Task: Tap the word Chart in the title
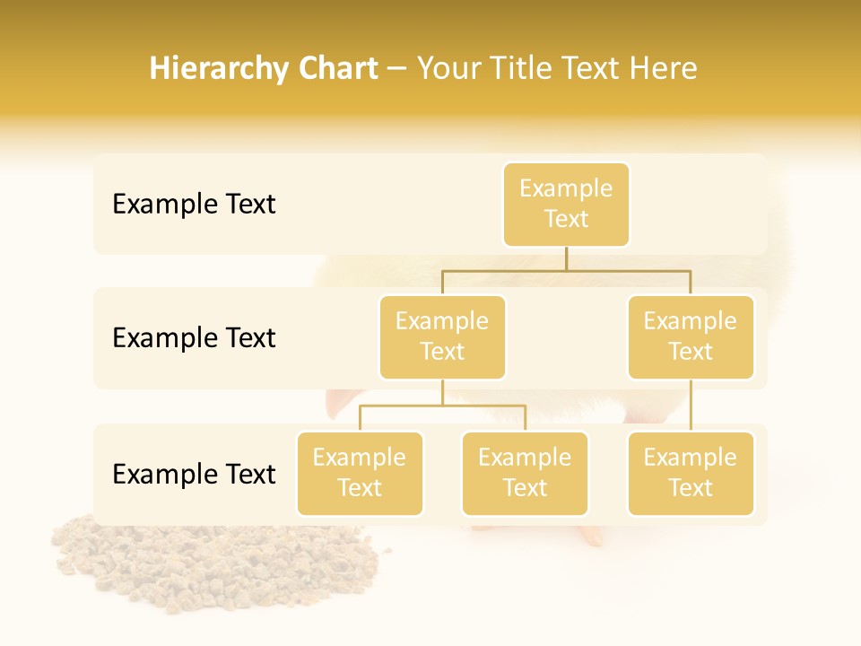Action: click(334, 69)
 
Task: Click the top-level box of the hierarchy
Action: click(566, 204)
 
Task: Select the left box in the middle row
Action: click(442, 336)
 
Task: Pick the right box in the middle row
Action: click(691, 336)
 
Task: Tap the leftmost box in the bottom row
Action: click(360, 473)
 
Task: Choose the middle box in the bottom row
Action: click(525, 473)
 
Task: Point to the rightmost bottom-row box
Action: click(691, 473)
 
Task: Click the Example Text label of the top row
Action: click(194, 205)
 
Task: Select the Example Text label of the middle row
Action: click(194, 338)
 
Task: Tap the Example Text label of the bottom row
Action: click(194, 474)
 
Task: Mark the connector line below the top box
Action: click(566, 258)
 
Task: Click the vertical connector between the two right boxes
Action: click(691, 405)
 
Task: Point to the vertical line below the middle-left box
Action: click(442, 392)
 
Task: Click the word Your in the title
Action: click(448, 69)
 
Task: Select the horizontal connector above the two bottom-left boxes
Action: click(442, 406)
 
